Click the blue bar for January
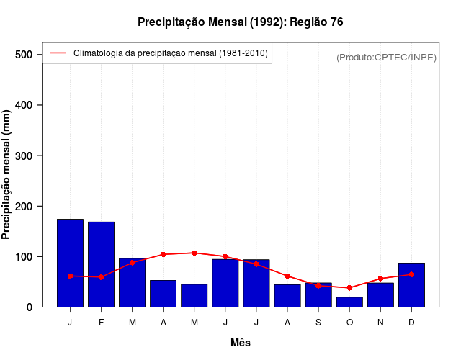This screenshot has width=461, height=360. tap(70, 263)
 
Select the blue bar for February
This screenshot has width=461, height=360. tap(101, 264)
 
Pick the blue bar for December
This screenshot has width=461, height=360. tap(411, 285)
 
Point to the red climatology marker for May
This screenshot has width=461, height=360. tap(194, 253)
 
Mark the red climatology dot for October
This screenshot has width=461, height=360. tap(349, 288)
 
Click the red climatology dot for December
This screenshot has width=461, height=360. tap(411, 274)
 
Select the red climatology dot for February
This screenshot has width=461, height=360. tap(101, 277)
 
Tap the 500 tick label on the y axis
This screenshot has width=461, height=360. tap(24, 55)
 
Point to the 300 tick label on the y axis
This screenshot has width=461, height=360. tap(24, 156)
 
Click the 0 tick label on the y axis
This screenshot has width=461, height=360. tap(30, 307)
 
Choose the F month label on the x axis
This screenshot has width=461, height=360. tap(101, 323)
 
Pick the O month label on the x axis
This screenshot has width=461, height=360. tap(349, 323)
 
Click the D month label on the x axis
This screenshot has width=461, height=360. tap(411, 323)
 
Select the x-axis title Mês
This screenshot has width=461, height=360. tap(241, 343)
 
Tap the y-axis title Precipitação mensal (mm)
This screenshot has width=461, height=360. tap(6, 174)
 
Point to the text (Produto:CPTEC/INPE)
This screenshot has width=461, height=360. tap(386, 57)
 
